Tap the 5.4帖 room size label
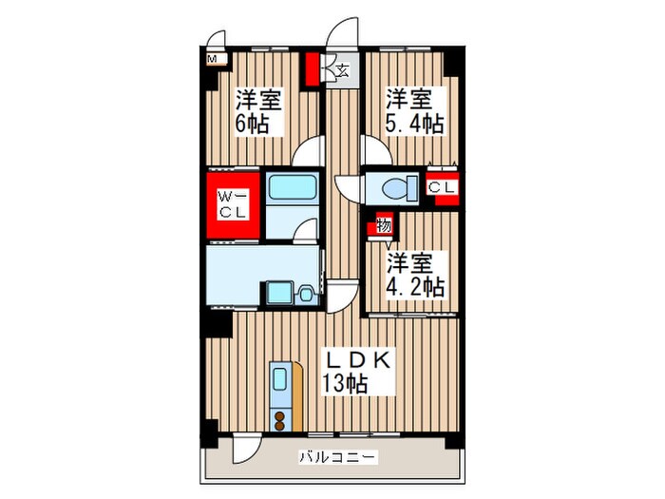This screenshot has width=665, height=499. [414, 124]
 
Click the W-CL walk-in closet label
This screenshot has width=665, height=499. [234, 202]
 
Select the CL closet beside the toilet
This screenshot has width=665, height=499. [440, 187]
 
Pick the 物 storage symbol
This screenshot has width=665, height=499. [383, 225]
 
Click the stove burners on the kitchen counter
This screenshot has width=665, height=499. [281, 418]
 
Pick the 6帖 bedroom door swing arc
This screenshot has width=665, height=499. [309, 153]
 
